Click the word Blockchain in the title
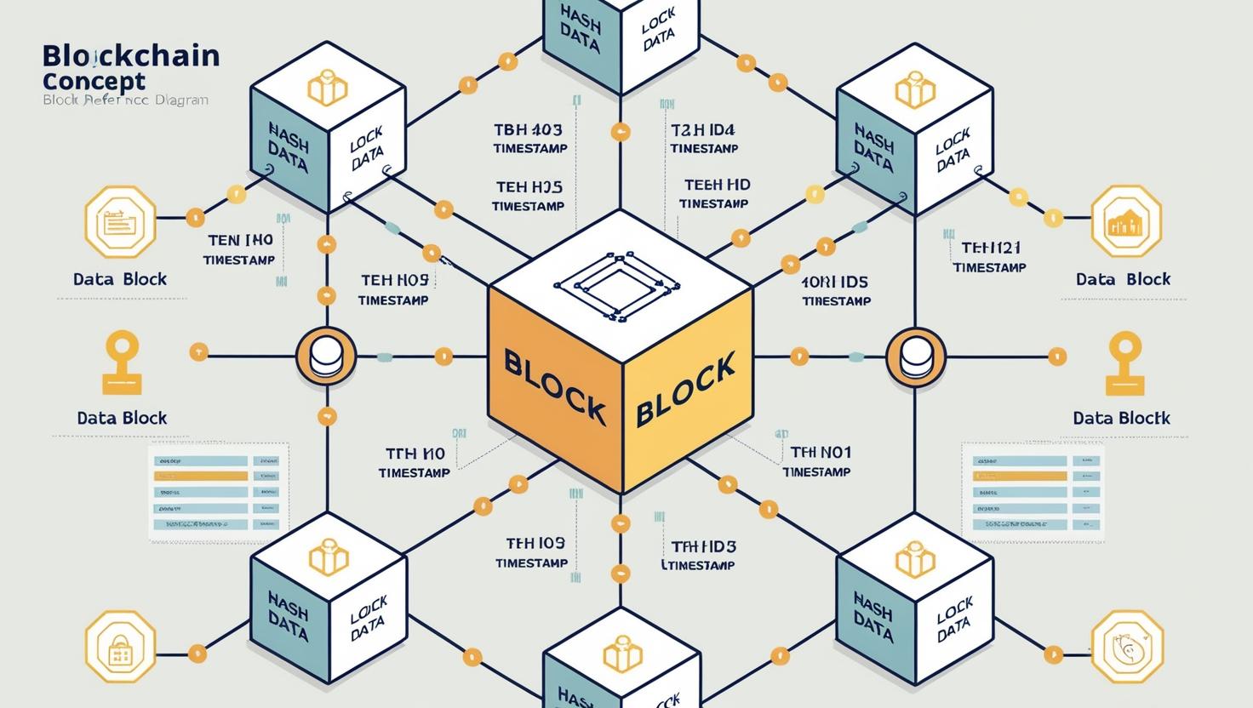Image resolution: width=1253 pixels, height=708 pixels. (130, 56)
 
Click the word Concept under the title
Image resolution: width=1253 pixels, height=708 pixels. (94, 82)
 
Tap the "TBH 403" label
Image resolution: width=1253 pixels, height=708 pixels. (528, 130)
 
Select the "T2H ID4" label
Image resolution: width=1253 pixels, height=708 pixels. (702, 130)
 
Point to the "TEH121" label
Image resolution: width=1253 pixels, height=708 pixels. (990, 248)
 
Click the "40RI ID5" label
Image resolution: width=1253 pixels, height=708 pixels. (834, 282)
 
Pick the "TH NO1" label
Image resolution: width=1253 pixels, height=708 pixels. (820, 452)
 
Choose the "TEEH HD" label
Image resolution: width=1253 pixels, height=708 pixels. (717, 185)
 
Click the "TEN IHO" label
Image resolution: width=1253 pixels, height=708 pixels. (239, 241)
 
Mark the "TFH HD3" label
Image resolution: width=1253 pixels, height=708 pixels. (703, 546)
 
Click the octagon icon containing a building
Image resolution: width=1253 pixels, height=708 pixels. (1126, 222)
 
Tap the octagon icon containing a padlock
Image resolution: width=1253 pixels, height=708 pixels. (120, 646)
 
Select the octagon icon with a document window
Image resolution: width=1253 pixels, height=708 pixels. (120, 222)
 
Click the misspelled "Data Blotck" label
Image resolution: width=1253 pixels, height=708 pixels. (1121, 418)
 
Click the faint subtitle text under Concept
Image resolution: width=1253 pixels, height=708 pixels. (125, 100)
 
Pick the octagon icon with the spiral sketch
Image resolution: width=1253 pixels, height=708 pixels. (1126, 646)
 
